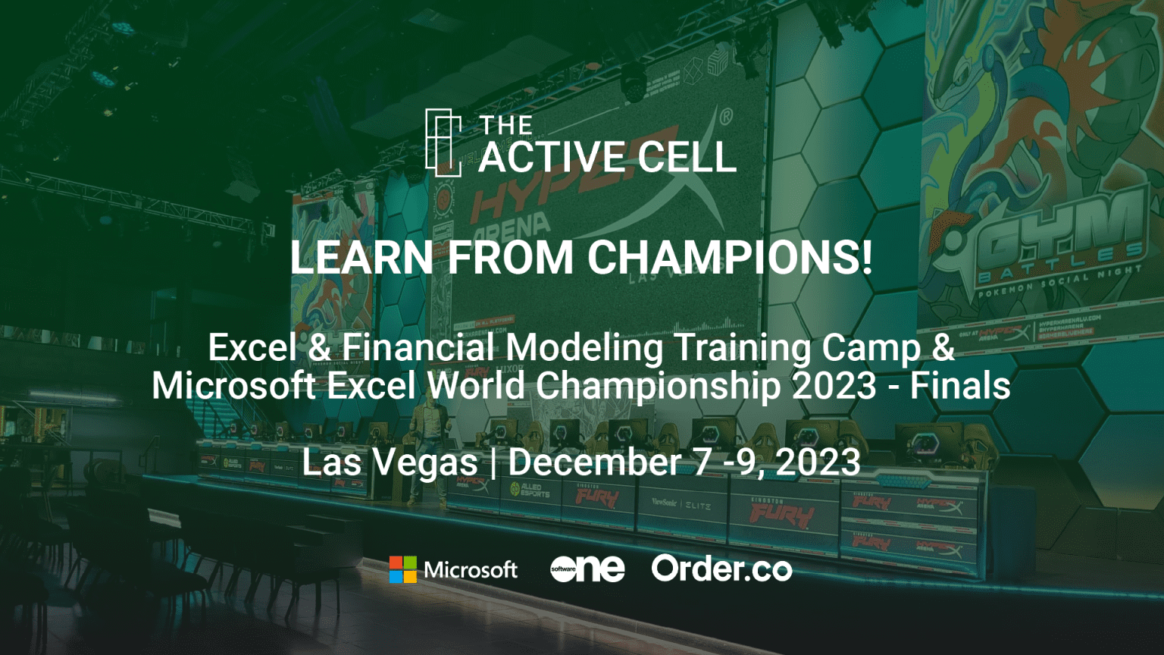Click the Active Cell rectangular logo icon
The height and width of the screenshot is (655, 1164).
tap(443, 143)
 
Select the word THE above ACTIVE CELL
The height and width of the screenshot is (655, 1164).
tap(506, 125)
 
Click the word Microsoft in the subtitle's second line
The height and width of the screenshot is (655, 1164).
tap(233, 385)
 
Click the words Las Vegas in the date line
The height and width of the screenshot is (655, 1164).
tap(390, 462)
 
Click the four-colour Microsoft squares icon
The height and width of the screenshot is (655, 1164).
tap(402, 569)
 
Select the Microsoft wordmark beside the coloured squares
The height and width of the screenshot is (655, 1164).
tap(471, 569)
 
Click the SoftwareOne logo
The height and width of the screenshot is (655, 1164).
tap(587, 569)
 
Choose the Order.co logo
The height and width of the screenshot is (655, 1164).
tap(721, 569)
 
